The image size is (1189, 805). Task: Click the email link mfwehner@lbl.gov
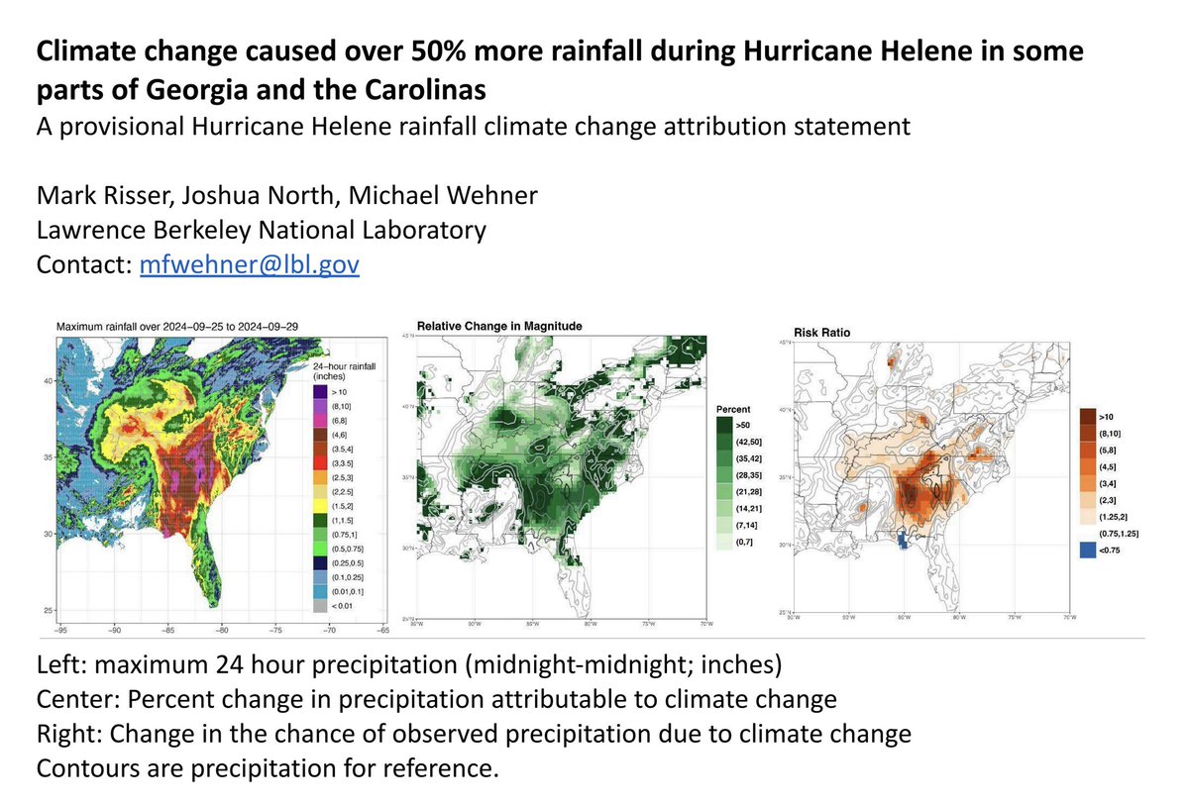(x=249, y=266)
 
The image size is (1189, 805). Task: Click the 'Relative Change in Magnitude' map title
(x=499, y=326)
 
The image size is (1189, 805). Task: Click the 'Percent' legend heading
(x=732, y=408)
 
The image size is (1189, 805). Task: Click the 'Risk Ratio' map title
(x=821, y=333)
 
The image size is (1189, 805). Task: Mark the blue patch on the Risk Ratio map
(x=903, y=539)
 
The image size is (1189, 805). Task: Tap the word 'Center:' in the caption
(x=73, y=699)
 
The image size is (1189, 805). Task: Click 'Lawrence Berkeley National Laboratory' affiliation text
(x=261, y=231)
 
